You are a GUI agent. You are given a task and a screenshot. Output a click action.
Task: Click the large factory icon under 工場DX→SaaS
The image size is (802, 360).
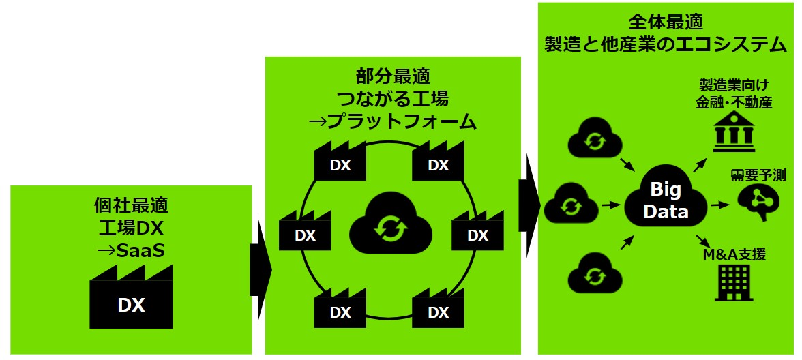(131, 298)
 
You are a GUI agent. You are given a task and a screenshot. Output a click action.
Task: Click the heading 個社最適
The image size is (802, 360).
(131, 204)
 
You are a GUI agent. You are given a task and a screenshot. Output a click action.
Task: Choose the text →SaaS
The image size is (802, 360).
(131, 250)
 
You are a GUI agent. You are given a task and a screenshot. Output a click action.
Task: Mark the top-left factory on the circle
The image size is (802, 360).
(340, 162)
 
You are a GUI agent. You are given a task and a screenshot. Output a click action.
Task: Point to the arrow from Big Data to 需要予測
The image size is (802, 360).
(720, 204)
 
